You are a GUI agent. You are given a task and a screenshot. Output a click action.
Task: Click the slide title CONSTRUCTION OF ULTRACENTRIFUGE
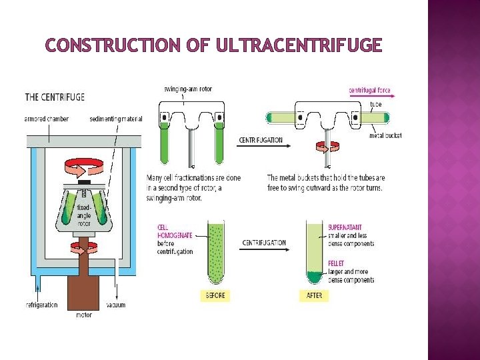[x=213, y=45]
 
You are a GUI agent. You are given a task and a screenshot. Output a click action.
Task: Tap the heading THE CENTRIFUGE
[x=55, y=97]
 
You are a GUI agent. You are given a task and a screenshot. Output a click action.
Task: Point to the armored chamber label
[x=47, y=119]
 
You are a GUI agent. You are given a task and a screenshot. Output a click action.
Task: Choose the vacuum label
[x=115, y=305]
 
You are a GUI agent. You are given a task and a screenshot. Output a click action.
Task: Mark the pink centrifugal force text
[x=370, y=90]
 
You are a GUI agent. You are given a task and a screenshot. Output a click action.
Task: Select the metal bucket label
[x=385, y=136]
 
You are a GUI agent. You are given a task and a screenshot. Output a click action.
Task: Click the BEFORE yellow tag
[x=215, y=295]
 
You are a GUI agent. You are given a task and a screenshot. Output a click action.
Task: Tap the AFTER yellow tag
[x=313, y=295]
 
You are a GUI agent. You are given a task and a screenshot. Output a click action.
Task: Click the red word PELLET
[x=337, y=263]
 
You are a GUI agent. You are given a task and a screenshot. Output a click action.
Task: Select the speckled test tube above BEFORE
[x=215, y=253]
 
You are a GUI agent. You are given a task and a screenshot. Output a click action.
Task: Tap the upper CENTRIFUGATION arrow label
[x=261, y=141]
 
